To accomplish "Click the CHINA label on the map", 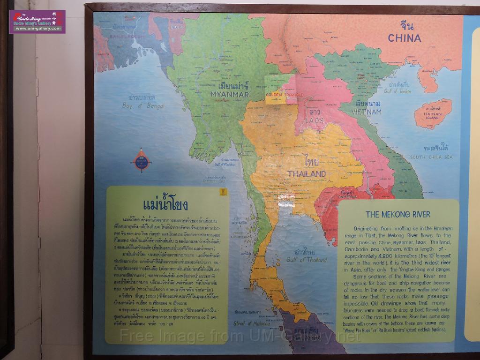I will (404, 37).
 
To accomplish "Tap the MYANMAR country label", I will (230, 94).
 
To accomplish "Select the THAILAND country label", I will (307, 174).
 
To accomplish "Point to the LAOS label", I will (315, 120).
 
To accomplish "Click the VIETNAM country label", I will (368, 112).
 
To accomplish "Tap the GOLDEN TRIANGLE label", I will (285, 95).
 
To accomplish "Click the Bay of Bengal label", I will (143, 106).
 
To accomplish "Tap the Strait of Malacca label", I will (251, 323).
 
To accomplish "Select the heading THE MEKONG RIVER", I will (397, 215).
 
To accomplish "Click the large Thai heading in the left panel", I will (165, 205).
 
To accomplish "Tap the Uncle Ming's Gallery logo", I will (37, 22).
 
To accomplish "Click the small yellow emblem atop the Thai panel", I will (223, 192).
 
